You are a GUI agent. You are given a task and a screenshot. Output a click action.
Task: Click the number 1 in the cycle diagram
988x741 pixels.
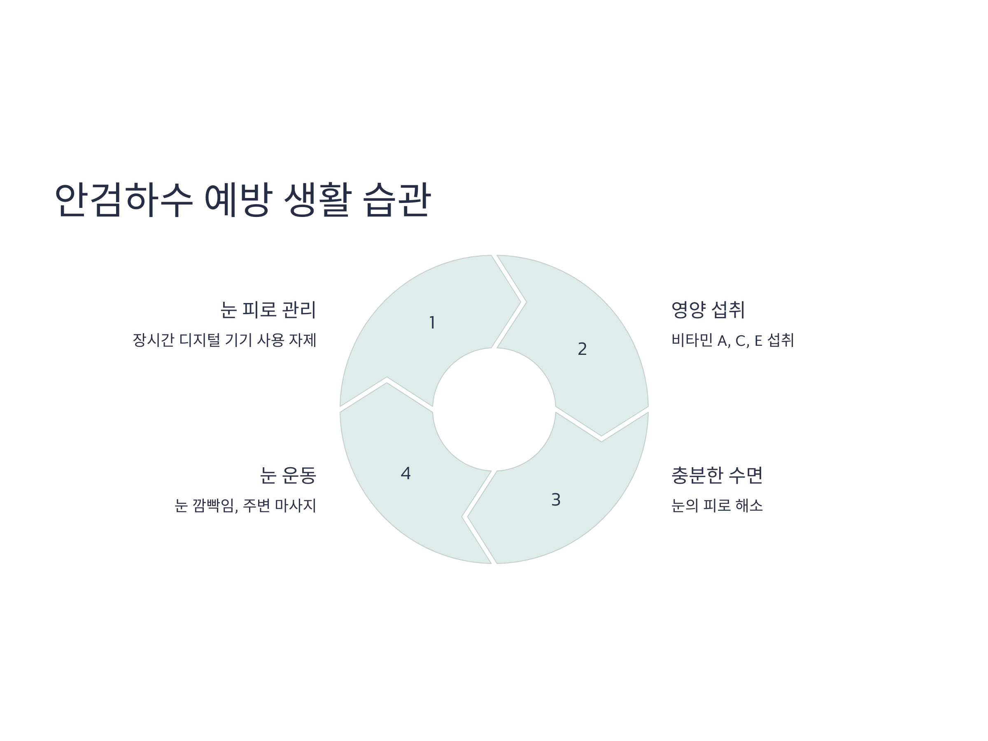pos(432,322)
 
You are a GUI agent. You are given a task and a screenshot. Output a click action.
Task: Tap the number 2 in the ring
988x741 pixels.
pos(582,349)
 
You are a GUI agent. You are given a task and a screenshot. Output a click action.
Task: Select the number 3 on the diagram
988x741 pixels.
pos(556,500)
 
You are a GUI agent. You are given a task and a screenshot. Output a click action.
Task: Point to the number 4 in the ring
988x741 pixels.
pos(405,473)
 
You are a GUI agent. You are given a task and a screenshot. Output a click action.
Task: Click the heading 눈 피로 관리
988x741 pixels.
pos(268,310)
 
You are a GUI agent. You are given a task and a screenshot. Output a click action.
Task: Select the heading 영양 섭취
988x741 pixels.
pos(708,310)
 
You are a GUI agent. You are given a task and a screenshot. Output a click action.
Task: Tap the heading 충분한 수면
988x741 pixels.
pos(717,475)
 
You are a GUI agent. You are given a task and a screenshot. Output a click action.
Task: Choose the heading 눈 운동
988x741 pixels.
pos(288,475)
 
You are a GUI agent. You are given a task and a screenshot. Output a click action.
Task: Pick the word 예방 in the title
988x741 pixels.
pos(238,200)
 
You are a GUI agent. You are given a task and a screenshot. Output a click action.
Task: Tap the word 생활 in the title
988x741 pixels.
pos(317,200)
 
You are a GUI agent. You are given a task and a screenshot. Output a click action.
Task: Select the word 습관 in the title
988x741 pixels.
pos(396,200)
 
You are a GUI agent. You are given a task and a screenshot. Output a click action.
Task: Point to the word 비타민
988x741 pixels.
pos(692,340)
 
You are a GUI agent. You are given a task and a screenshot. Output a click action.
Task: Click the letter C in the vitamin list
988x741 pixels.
pos(741,342)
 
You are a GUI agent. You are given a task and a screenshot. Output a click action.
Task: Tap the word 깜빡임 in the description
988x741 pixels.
pos(215,506)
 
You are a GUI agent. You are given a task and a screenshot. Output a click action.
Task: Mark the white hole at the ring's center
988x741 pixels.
pos(494,409)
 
